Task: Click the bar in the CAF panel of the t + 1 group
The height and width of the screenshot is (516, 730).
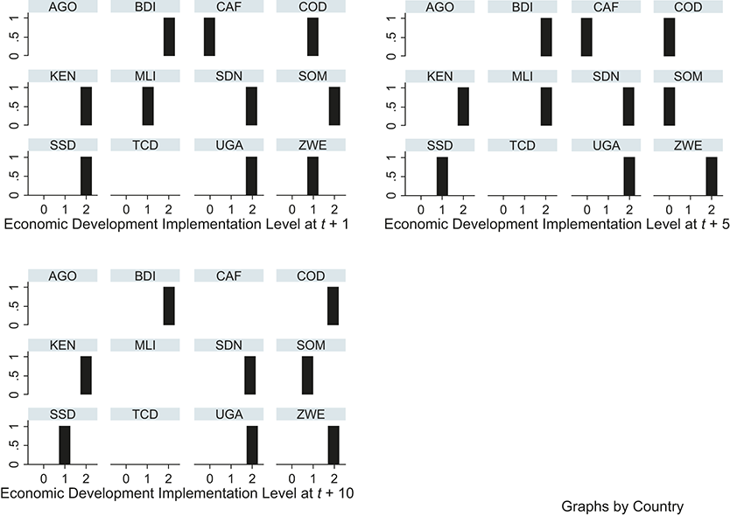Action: pos(209,37)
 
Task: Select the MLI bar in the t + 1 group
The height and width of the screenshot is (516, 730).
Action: pos(148,106)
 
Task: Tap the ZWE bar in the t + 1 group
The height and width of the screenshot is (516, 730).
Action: pos(312,175)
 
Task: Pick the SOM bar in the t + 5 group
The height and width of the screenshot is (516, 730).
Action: pos(669,106)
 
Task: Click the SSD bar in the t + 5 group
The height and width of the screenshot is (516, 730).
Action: pos(442,175)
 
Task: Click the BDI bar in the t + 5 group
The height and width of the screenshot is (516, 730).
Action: pos(546,37)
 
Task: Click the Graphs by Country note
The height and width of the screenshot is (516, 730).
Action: pos(622,506)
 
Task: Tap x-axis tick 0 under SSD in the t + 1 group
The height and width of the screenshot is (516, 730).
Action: pos(44,210)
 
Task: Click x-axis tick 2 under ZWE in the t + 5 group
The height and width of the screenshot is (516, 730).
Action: pos(711,210)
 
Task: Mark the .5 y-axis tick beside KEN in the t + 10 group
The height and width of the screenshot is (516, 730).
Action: pos(15,375)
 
